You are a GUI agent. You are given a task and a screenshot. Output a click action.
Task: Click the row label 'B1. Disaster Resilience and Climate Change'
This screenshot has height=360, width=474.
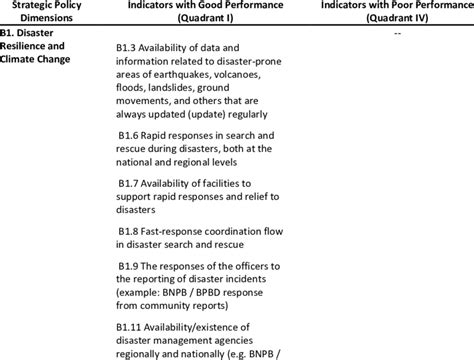click(40, 46)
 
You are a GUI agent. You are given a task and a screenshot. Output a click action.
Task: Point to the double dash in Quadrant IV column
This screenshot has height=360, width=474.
click(398, 33)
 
